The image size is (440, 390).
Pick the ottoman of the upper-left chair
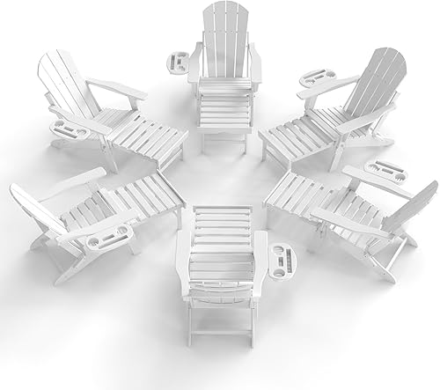(x=154, y=141)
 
